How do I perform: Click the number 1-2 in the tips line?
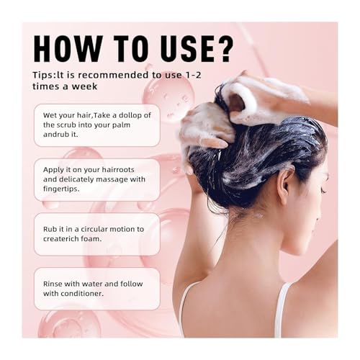click(194, 75)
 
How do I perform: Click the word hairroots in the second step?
click(118, 170)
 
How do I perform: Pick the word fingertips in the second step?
click(61, 189)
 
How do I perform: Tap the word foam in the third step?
click(91, 239)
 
